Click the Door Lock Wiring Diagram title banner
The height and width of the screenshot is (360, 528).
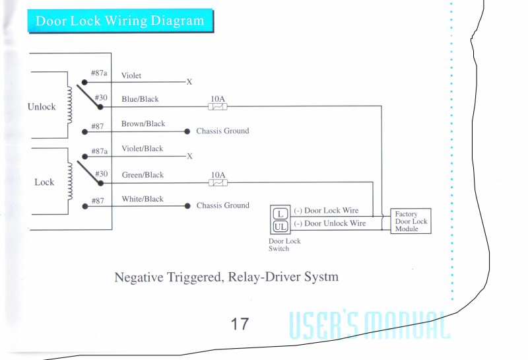(x=119, y=20)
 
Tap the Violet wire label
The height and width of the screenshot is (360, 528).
(x=131, y=76)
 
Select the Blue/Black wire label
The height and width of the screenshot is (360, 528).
(x=140, y=100)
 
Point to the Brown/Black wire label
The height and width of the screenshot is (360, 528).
(x=143, y=124)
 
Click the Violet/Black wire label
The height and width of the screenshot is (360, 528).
(x=142, y=149)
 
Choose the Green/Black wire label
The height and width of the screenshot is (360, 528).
(x=143, y=175)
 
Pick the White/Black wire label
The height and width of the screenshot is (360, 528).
(x=143, y=199)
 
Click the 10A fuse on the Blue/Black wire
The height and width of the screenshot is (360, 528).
(x=218, y=106)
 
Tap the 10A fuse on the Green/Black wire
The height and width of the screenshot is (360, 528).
(x=218, y=182)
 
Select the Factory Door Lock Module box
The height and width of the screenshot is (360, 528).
(x=411, y=221)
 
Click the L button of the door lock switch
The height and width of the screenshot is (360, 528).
(x=279, y=213)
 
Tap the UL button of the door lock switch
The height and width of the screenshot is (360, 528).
(x=279, y=227)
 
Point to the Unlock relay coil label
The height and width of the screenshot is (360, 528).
(x=42, y=107)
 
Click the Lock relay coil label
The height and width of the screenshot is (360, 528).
(x=44, y=182)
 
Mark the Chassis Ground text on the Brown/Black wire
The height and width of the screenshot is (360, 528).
(x=222, y=131)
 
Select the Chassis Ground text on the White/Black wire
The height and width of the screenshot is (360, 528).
(x=222, y=206)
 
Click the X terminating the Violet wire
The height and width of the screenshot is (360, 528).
(x=189, y=83)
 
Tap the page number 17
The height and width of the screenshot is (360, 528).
(x=240, y=324)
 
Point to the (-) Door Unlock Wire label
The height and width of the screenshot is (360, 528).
(x=330, y=224)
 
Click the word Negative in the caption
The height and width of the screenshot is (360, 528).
(x=139, y=277)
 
